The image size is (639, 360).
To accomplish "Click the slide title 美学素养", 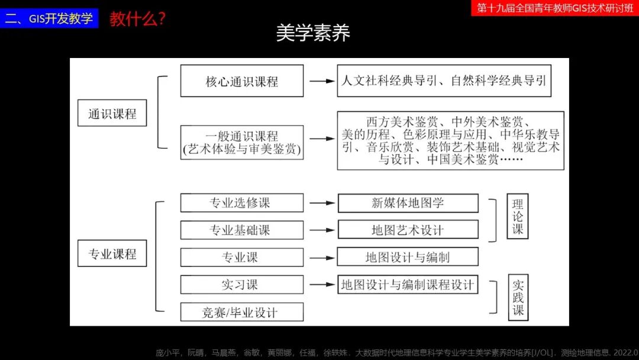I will pyautogui.click(x=313, y=33).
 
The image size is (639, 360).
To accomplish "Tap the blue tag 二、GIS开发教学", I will pyautogui.click(x=49, y=18).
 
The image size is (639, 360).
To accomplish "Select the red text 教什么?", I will pyautogui.click(x=137, y=19).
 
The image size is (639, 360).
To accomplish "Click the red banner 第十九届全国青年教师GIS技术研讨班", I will pyautogui.click(x=554, y=8).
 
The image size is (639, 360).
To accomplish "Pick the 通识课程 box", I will pyautogui.click(x=112, y=113).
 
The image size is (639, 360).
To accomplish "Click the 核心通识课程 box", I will pyautogui.click(x=241, y=81).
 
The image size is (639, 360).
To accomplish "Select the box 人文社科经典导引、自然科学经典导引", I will pyautogui.click(x=444, y=81).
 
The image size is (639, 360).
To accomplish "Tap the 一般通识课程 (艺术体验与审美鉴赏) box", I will pyautogui.click(x=241, y=143).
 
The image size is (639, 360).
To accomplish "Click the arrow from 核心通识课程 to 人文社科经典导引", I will pyautogui.click(x=321, y=81).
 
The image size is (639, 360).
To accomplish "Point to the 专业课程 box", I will pyautogui.click(x=112, y=253).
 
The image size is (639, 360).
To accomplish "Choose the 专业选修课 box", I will pyautogui.click(x=241, y=202).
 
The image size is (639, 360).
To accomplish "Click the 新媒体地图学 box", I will pyautogui.click(x=408, y=202).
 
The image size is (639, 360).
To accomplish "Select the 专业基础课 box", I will pyautogui.click(x=241, y=230).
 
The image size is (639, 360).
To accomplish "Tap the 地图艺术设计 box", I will pyautogui.click(x=408, y=230).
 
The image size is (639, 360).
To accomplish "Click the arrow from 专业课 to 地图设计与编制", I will pyautogui.click(x=321, y=258).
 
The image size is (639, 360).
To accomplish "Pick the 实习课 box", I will pyautogui.click(x=241, y=285).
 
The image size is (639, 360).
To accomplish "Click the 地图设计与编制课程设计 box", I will pyautogui.click(x=408, y=285).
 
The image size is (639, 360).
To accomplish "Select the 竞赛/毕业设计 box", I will pyautogui.click(x=241, y=312).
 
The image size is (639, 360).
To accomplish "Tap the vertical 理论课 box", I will pyautogui.click(x=518, y=216).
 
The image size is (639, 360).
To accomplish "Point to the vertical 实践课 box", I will pyautogui.click(x=518, y=298).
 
